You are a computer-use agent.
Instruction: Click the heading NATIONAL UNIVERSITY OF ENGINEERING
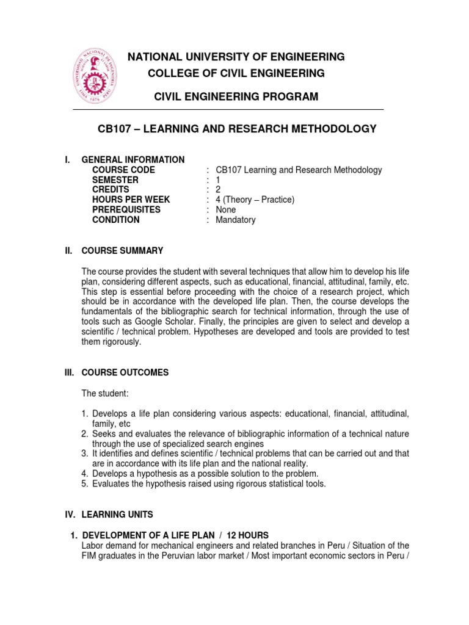pyautogui.click(x=235, y=57)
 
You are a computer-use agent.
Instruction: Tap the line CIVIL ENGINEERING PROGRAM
pyautogui.click(x=235, y=96)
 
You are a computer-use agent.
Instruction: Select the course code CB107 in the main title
pyautogui.click(x=115, y=129)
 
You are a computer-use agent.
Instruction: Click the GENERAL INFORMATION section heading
pyautogui.click(x=133, y=160)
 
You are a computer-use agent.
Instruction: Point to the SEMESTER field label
pyautogui.click(x=115, y=180)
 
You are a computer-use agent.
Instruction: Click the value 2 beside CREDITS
pyautogui.click(x=219, y=190)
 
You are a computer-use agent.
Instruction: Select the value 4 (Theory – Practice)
pyautogui.click(x=255, y=200)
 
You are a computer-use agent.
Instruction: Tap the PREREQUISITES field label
pyautogui.click(x=126, y=210)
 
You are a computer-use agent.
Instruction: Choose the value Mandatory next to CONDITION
pyautogui.click(x=236, y=220)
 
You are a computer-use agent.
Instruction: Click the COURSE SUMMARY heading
pyautogui.click(x=122, y=250)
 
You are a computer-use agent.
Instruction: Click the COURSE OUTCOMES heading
pyautogui.click(x=125, y=372)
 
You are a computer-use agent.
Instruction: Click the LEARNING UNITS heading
pyautogui.click(x=118, y=515)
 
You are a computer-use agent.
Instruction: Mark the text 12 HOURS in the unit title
pyautogui.click(x=242, y=535)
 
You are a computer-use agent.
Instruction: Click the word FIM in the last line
pyautogui.click(x=89, y=555)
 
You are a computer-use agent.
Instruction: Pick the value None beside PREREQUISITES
pyautogui.click(x=225, y=210)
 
